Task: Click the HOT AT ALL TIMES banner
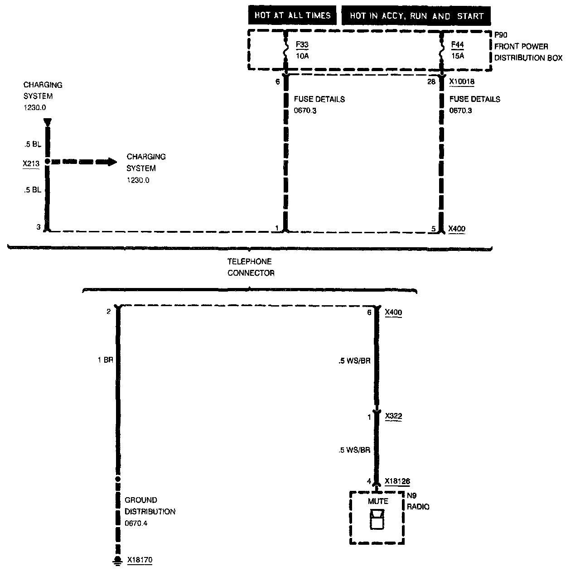(292, 16)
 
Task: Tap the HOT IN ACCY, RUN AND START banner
(416, 16)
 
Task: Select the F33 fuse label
(302, 45)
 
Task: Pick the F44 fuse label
(458, 45)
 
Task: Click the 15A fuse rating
(458, 56)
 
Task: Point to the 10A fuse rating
(302, 56)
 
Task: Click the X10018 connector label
(462, 82)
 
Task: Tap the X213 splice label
(31, 163)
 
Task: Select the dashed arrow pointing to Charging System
(84, 162)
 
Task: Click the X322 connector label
(393, 417)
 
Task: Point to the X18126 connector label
(397, 481)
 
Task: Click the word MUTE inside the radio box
(378, 501)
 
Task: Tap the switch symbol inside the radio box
(377, 519)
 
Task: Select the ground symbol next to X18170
(118, 562)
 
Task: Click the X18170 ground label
(140, 560)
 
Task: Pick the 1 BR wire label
(105, 360)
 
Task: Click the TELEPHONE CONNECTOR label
(251, 267)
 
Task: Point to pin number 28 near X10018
(431, 82)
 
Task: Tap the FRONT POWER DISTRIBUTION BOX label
(528, 52)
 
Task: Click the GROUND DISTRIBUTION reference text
(150, 512)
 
